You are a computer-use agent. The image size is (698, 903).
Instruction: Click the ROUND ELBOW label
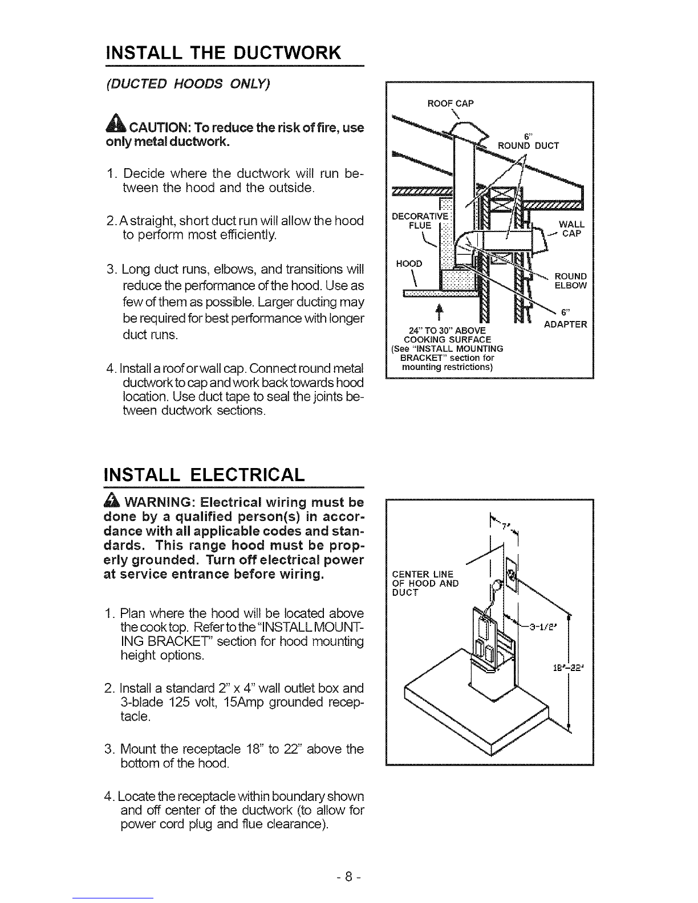coord(570,281)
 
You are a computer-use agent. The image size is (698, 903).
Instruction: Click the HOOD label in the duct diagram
coord(408,263)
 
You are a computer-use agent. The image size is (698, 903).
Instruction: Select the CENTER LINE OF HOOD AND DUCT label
coord(425,583)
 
